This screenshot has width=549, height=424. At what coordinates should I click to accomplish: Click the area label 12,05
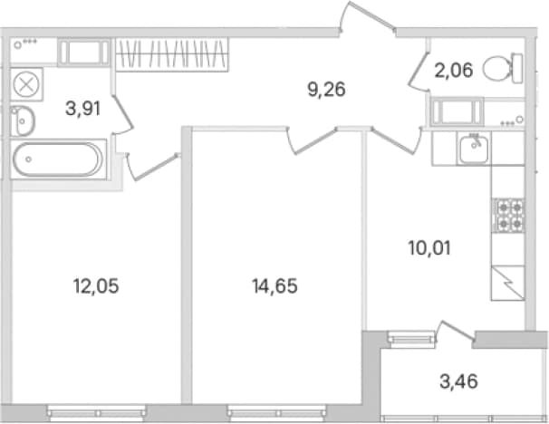pos(96,286)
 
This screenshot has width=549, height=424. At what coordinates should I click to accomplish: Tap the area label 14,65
pos(274,286)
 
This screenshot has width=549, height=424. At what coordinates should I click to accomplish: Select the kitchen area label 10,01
pos(429,248)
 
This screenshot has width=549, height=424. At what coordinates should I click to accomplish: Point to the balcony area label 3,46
pos(458,381)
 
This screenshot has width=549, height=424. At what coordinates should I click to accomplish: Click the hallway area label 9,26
pos(327,90)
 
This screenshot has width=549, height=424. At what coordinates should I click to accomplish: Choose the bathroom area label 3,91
pos(83,108)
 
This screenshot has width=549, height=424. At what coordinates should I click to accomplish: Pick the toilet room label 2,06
pos(454,70)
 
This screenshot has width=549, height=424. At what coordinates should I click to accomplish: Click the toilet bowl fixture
pos(503,69)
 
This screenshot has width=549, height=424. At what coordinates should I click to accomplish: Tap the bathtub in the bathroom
pos(58,159)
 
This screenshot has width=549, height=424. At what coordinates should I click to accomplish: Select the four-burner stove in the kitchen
pos(508,216)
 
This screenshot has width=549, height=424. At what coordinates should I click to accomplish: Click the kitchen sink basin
pos(474,149)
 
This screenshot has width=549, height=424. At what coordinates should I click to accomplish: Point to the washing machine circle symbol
pos(26,84)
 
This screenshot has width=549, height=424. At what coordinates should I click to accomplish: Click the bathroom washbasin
pos(23,121)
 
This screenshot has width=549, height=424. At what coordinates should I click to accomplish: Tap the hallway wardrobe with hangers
pos(172,54)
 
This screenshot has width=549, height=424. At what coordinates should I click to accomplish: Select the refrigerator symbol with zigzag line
pos(508,283)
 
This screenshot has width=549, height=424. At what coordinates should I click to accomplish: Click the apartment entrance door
pos(368,17)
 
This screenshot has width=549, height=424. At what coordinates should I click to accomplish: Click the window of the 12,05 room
pos(96,413)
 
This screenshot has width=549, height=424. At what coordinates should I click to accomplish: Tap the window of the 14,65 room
pos(276,413)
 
